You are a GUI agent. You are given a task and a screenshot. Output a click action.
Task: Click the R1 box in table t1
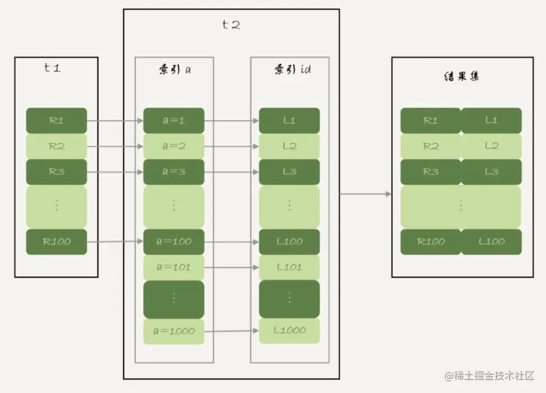click(x=56, y=120)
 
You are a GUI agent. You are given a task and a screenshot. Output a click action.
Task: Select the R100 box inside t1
click(x=56, y=241)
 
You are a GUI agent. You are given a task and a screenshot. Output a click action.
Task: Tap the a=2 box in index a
click(x=174, y=146)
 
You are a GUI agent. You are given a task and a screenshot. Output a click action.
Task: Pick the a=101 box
click(x=174, y=267)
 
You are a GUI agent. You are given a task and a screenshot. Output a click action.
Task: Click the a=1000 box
click(x=174, y=331)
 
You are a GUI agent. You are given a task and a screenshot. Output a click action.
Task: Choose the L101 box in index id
click(x=289, y=267)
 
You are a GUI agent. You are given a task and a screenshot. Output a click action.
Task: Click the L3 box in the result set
click(x=492, y=172)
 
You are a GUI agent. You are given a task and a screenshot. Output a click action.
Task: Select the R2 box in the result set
click(x=431, y=146)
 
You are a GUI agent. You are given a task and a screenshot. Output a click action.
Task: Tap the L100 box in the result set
click(x=492, y=241)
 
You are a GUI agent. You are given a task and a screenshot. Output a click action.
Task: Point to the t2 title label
click(x=231, y=24)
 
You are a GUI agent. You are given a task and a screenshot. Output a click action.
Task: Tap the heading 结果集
click(x=461, y=77)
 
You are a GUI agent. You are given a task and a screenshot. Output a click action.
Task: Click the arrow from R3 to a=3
click(x=115, y=172)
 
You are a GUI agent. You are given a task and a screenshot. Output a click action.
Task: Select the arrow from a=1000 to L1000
click(x=231, y=331)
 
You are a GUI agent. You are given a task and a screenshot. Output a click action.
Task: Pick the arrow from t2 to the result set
click(x=365, y=194)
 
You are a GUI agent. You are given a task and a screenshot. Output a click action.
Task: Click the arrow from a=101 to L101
click(x=231, y=267)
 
